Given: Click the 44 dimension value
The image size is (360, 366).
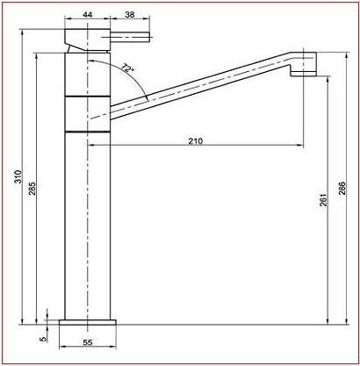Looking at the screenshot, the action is [x=88, y=14].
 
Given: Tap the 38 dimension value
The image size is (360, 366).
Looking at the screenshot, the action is [x=130, y=14].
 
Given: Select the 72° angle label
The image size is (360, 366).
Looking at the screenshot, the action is [x=127, y=68].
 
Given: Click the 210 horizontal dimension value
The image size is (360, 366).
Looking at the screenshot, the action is [x=195, y=141].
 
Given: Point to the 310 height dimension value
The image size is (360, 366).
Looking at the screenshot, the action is [x=18, y=176].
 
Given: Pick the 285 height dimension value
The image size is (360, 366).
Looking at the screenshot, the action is [x=32, y=189].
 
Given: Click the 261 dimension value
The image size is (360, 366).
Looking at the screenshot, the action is [x=323, y=200].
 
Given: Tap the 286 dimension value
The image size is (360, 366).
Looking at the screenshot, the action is [x=342, y=189].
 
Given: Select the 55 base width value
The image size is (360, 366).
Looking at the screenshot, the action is [x=88, y=342].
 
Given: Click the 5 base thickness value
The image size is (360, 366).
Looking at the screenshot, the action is [x=43, y=339].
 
